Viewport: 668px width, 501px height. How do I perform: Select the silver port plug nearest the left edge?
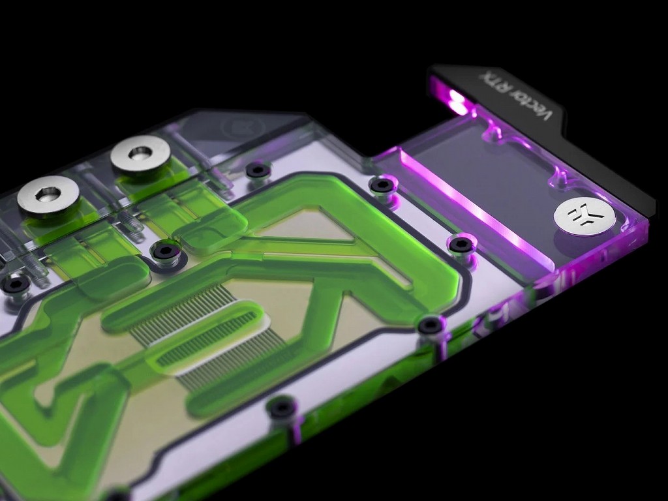click(x=48, y=196)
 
